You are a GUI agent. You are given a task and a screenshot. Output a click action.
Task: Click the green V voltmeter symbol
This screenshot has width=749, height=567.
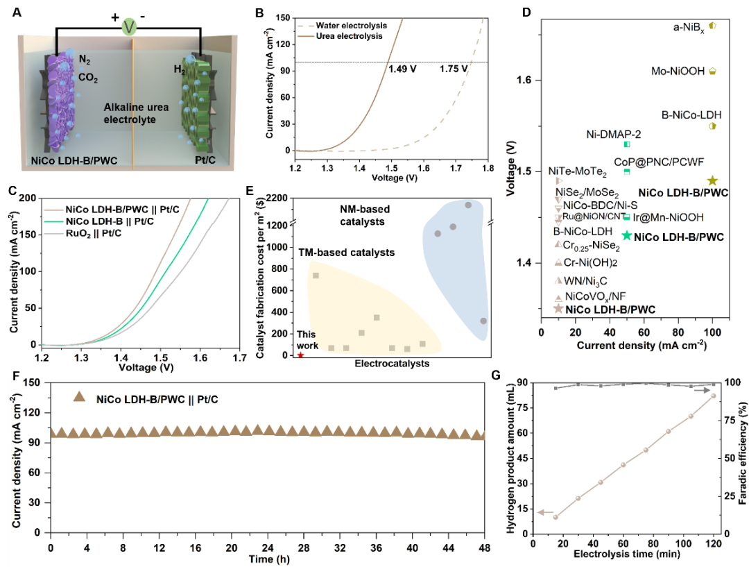pos(129,28)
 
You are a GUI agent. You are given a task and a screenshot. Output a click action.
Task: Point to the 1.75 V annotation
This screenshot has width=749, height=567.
pos(454,69)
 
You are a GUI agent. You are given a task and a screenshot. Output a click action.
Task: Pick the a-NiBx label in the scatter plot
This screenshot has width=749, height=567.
pos(689,27)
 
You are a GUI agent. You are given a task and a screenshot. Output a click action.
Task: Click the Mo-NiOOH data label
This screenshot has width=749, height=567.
pos(677,71)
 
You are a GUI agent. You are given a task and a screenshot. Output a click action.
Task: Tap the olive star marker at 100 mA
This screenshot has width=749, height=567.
pos(712,180)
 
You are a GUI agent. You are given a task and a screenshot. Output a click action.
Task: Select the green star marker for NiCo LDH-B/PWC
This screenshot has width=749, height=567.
pos(626,235)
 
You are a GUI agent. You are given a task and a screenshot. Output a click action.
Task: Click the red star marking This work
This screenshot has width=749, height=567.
pos(300,355)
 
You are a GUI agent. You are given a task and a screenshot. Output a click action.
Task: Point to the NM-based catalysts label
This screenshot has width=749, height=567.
pos(365,215)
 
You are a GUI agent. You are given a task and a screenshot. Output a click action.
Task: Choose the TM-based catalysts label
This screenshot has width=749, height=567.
pos(347,253)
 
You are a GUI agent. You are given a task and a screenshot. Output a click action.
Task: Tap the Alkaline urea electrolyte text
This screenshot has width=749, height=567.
pos(130,113)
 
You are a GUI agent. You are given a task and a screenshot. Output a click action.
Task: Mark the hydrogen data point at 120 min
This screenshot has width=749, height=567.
pos(712,396)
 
